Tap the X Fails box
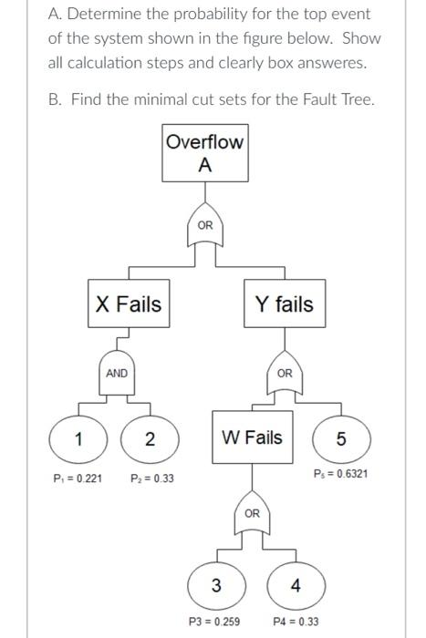coord(129,304)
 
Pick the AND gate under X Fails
coord(117,375)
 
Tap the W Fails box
coord(253,437)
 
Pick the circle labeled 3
coord(216,584)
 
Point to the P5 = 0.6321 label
coord(340,474)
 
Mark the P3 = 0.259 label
coord(214,622)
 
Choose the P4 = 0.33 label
coord(296,622)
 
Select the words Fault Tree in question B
coord(335,98)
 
